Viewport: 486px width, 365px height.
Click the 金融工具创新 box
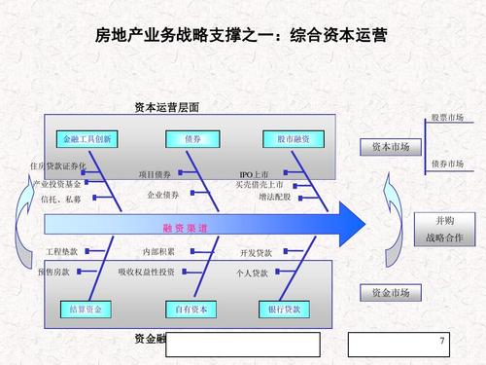(x=87, y=139)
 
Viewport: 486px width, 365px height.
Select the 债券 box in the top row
(x=192, y=139)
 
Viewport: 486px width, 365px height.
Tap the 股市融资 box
(x=293, y=139)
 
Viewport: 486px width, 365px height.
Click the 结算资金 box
(x=87, y=310)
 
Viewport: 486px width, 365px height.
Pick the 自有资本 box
(x=192, y=310)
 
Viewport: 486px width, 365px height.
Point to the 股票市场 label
(x=447, y=118)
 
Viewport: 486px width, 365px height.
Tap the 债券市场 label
(x=447, y=164)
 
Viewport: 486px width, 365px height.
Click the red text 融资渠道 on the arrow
(x=185, y=228)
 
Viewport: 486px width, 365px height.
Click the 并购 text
(x=444, y=221)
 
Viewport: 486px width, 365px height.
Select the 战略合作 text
(x=444, y=237)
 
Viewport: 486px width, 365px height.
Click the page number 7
(x=442, y=342)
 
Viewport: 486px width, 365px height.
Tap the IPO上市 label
(x=254, y=174)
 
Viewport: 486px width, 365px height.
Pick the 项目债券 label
(x=155, y=174)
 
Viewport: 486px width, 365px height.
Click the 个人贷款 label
(x=253, y=274)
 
